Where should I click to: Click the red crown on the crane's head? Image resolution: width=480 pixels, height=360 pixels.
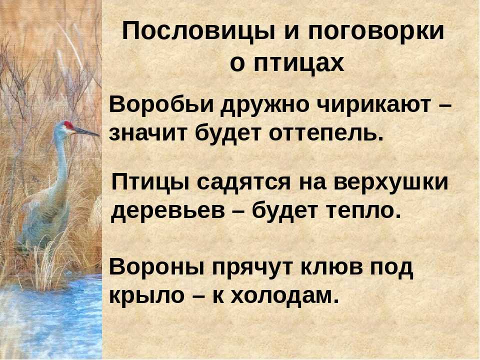68,125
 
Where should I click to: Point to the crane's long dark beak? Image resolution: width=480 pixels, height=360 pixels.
86,131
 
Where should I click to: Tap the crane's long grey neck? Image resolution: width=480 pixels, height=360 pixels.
60,159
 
